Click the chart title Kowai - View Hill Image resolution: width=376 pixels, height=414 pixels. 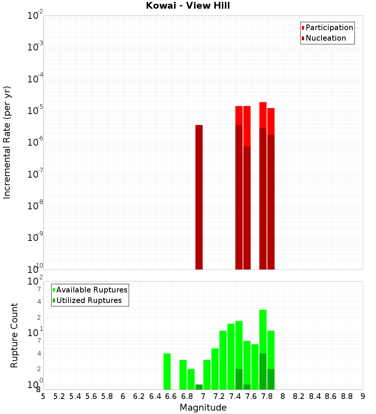point(188,6)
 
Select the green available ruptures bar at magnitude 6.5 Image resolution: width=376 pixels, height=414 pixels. point(167,371)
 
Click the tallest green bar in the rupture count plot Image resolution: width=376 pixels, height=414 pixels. point(263,331)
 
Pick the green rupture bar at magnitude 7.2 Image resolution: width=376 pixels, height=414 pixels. point(223,360)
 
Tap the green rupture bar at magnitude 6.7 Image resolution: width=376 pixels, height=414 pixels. point(183,374)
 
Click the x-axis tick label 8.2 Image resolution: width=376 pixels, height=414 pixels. point(299,396)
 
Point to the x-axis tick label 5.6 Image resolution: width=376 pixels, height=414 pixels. point(91,396)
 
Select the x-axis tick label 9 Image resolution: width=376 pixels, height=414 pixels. point(363,396)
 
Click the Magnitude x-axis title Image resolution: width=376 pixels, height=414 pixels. point(203,408)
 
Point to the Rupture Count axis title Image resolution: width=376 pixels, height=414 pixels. point(14,335)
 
